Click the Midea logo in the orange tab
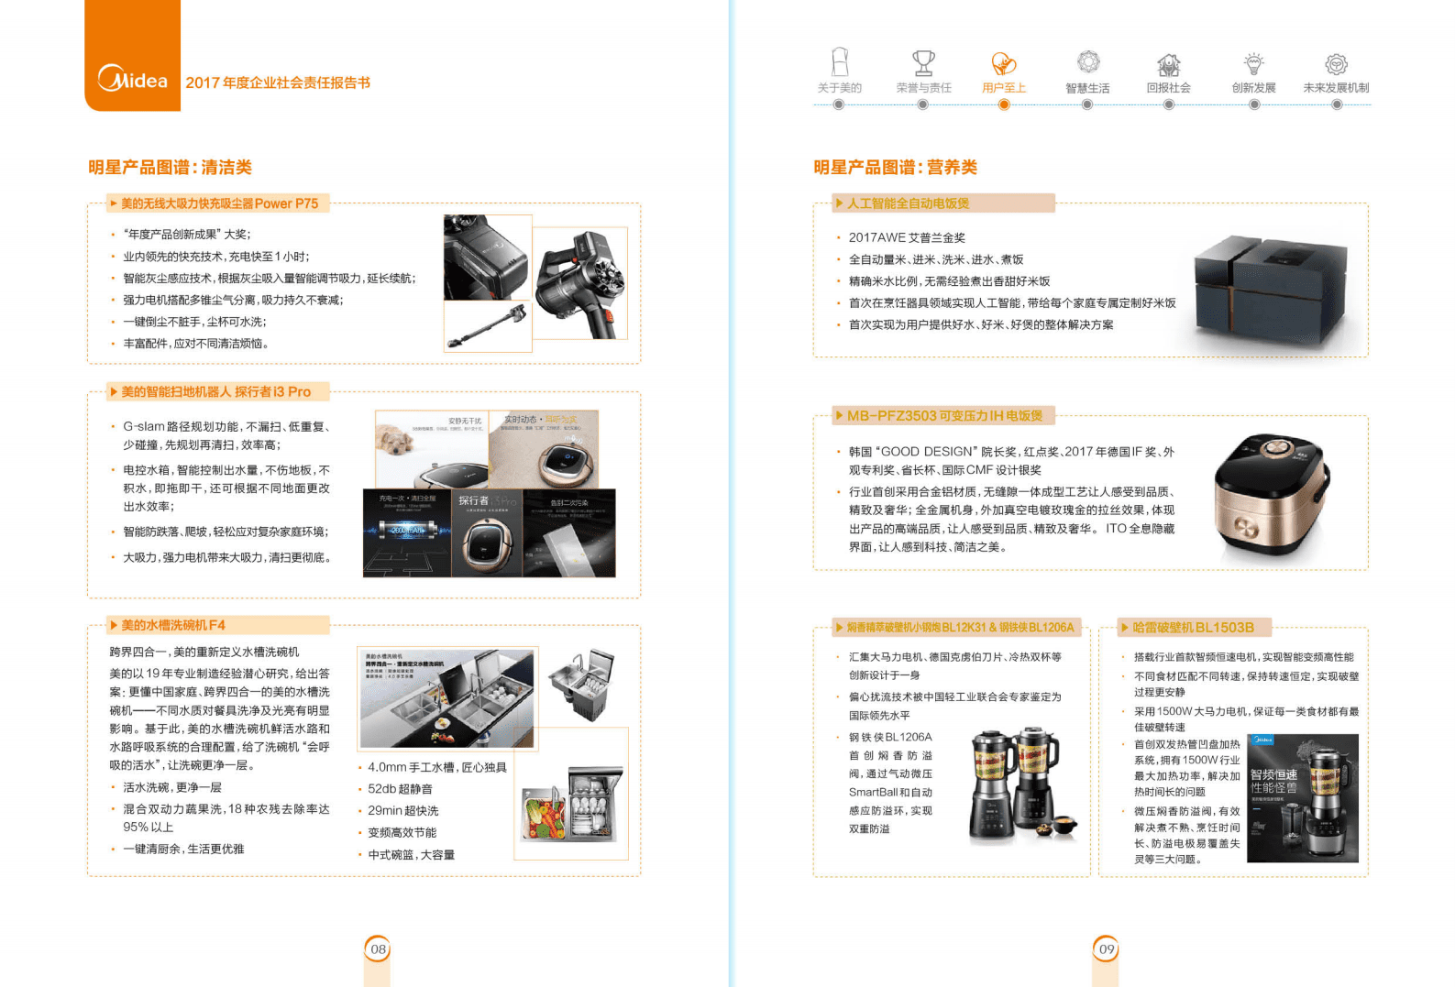[133, 80]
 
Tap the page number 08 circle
[378, 949]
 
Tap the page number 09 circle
[1107, 949]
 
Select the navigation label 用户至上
[1004, 88]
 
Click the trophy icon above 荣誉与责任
[923, 63]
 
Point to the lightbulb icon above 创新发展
[1253, 63]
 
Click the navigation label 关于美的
[839, 88]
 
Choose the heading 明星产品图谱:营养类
[895, 168]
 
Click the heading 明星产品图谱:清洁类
[170, 168]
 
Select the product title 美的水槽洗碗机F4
[173, 625]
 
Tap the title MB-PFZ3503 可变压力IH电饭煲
[944, 416]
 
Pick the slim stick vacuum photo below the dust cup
[488, 328]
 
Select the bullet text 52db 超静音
[400, 789]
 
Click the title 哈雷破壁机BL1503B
[1193, 628]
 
